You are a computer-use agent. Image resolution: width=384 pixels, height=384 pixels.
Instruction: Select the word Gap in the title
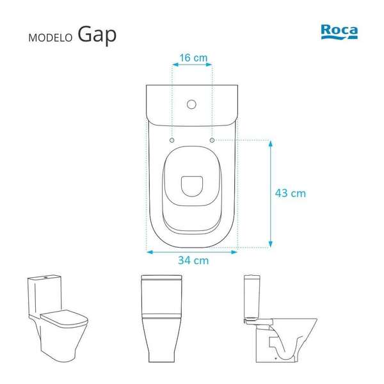click(x=98, y=35)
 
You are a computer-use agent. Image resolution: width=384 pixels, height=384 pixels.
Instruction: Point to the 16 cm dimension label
click(x=193, y=58)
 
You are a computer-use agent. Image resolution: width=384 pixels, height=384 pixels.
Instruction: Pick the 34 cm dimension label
click(x=193, y=260)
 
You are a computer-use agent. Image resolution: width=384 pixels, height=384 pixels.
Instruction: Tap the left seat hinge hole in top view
click(x=173, y=139)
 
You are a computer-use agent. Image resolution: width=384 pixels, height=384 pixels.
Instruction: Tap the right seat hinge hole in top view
click(x=212, y=139)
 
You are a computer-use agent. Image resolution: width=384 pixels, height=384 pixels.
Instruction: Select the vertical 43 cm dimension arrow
click(x=271, y=193)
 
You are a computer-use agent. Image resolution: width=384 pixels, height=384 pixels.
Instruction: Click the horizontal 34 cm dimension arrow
click(x=193, y=252)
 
